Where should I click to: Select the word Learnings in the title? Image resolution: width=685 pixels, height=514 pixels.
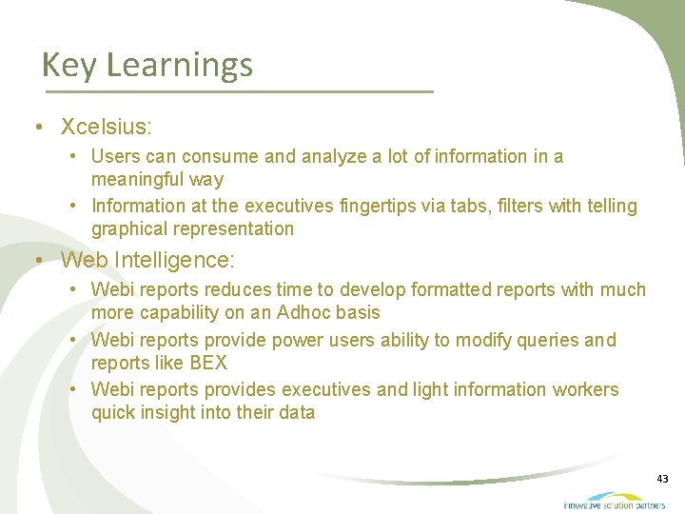click(x=180, y=66)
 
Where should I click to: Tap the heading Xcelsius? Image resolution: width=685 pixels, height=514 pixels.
click(x=107, y=127)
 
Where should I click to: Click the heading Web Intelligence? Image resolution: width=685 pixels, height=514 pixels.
click(x=147, y=259)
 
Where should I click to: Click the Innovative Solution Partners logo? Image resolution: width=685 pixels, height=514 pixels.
click(x=614, y=501)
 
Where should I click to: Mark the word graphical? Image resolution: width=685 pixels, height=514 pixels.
click(x=127, y=228)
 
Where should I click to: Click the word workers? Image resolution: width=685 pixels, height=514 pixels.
click(x=585, y=389)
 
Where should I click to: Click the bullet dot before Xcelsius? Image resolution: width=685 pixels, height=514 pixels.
click(x=35, y=128)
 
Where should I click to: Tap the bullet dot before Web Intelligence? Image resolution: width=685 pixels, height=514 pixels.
click(x=35, y=260)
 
